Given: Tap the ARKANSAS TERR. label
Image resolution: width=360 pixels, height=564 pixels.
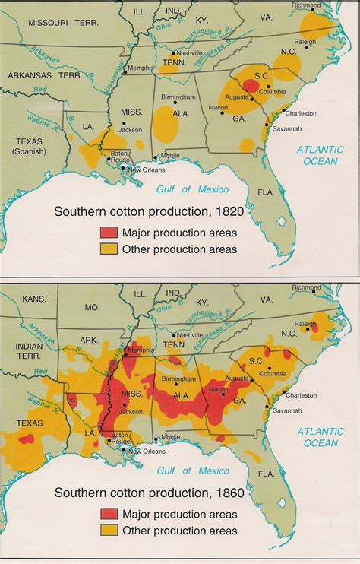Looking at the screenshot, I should [46, 77].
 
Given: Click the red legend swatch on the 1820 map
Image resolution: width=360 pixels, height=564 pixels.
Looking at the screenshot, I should [107, 231].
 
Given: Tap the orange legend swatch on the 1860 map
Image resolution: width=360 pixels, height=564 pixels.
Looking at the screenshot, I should [107, 531].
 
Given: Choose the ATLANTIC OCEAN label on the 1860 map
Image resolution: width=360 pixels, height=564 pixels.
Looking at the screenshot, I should [321, 436].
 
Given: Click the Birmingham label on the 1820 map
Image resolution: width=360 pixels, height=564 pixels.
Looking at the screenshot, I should [176, 97].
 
